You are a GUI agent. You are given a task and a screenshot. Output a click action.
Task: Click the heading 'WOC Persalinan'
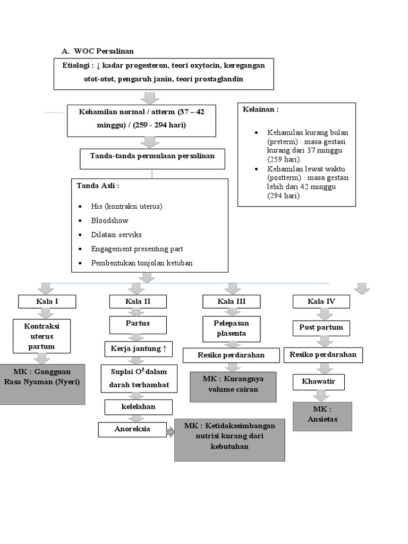pyautogui.click(x=104, y=51)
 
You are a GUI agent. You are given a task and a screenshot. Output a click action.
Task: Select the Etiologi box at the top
pyautogui.click(x=164, y=73)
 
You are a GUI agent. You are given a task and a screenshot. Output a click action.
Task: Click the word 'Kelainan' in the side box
pyautogui.click(x=260, y=109)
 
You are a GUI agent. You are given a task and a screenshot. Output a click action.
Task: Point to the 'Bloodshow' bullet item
pyautogui.click(x=109, y=220)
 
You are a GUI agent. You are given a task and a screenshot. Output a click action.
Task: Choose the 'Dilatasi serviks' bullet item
pyautogui.click(x=116, y=235)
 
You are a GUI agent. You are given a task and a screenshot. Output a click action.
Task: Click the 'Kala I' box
pyautogui.click(x=47, y=302)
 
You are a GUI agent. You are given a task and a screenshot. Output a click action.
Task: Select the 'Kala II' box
pyautogui.click(x=138, y=302)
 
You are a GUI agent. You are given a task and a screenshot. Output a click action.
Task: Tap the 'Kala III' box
pyautogui.click(x=232, y=302)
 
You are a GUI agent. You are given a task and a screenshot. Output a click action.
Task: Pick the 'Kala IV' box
pyautogui.click(x=321, y=302)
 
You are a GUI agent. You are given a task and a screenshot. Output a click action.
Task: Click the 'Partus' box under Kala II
pyautogui.click(x=138, y=324)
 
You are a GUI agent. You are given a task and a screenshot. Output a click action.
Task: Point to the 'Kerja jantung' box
pyautogui.click(x=138, y=349)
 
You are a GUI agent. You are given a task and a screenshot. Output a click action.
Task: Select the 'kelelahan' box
pyautogui.click(x=138, y=407)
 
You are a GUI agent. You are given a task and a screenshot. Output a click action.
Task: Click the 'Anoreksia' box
pyautogui.click(x=132, y=429)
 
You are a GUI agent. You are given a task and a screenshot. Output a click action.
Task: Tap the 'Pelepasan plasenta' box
pyautogui.click(x=232, y=328)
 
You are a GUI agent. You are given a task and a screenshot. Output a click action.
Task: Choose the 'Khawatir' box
pyautogui.click(x=318, y=381)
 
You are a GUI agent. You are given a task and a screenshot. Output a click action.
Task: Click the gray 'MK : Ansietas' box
pyautogui.click(x=322, y=415)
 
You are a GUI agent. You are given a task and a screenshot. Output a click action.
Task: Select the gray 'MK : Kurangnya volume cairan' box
pyautogui.click(x=233, y=386)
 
